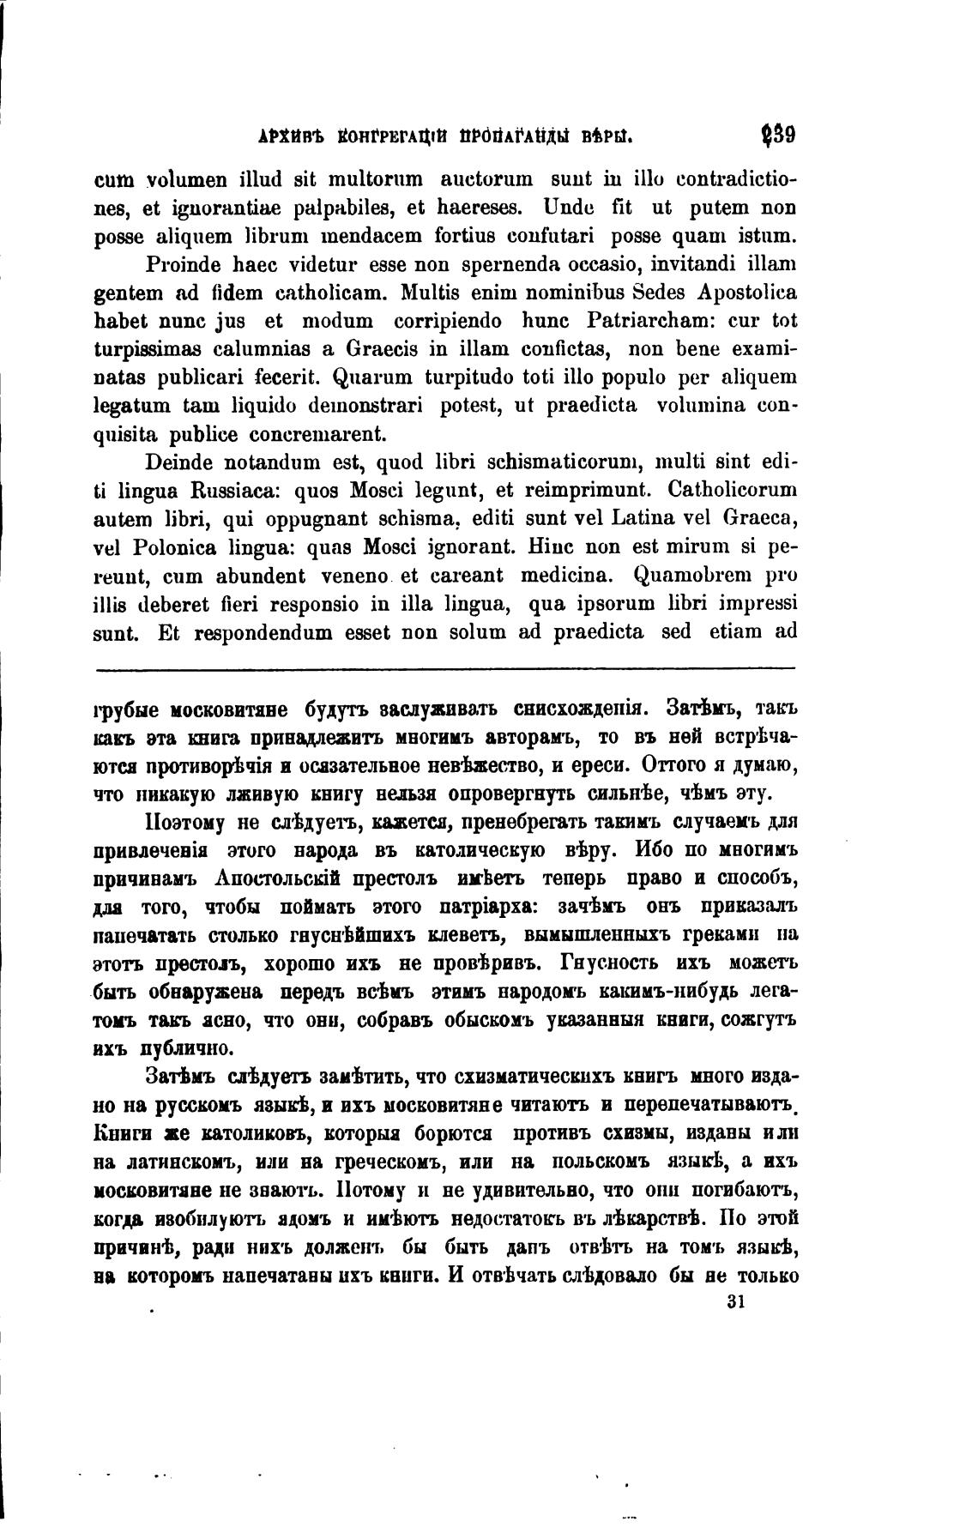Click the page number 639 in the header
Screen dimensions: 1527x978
779,136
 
